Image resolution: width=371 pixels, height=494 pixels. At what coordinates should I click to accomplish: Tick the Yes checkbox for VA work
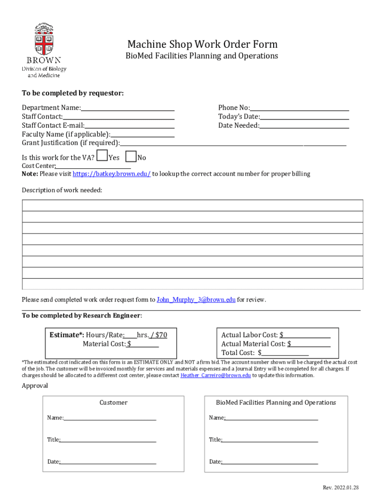point(102,156)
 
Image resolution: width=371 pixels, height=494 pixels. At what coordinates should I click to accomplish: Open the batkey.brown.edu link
point(111,174)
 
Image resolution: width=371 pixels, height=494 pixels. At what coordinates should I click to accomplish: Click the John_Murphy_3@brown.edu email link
point(196,300)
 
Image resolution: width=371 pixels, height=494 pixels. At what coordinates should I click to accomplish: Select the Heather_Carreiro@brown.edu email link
point(215,375)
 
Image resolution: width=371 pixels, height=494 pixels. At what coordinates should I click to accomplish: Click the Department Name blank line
point(128,108)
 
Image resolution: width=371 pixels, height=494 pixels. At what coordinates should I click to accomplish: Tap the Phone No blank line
point(299,108)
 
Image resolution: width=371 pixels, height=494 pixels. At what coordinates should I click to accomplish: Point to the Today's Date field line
point(305,117)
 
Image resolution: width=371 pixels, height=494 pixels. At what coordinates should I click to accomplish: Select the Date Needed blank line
point(304,126)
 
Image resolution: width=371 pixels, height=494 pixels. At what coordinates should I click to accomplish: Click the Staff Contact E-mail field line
point(130,126)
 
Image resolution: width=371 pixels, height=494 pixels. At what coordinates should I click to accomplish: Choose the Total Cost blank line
point(285,353)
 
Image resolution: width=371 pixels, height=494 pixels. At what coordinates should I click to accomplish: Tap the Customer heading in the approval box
point(113,402)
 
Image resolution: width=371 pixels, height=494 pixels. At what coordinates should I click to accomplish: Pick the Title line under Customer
point(108,440)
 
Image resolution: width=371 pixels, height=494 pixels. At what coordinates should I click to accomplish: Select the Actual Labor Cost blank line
point(307,335)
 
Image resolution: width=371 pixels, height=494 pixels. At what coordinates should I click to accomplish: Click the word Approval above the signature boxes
point(35,386)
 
